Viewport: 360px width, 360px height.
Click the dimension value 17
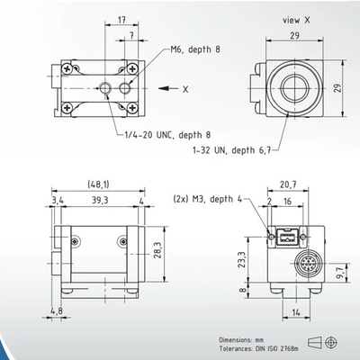point(120,19)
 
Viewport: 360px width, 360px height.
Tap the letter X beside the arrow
point(186,90)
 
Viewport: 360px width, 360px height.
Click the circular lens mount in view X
point(293,85)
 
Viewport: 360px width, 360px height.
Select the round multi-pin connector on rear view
point(303,268)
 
